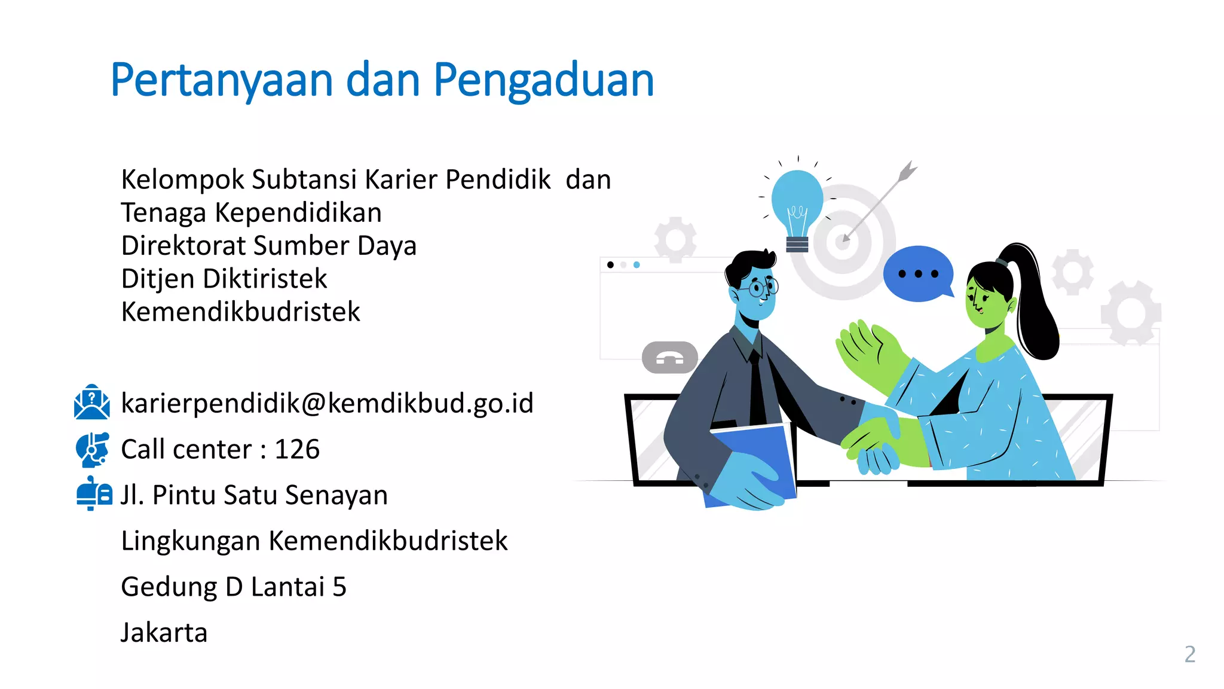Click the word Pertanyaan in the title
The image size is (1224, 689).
coord(221,81)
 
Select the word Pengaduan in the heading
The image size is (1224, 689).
coord(543,81)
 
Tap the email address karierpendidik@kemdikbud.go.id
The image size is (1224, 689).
coord(327,403)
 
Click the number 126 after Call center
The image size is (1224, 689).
coord(297,449)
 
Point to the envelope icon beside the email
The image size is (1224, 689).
coord(91,402)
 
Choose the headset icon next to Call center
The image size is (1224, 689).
coord(93,449)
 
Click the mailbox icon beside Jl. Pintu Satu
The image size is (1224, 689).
coord(94,493)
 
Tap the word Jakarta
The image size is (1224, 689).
coord(164,633)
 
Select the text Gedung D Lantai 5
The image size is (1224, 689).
coord(234,587)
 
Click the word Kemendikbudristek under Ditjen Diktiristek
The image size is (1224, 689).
coord(240,312)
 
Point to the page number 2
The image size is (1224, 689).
coord(1189,654)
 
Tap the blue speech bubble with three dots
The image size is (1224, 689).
coord(918,274)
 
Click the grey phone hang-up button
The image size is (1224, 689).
coord(669,358)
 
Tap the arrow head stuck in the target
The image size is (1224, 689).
coord(845,238)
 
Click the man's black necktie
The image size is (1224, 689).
coord(757,389)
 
